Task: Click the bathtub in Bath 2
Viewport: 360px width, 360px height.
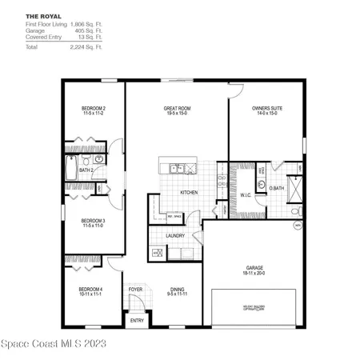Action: (73, 170)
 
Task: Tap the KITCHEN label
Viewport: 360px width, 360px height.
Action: (189, 193)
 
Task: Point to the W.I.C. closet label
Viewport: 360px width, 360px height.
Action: (246, 194)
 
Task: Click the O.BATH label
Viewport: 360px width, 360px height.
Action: (277, 188)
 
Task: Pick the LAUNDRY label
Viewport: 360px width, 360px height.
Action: (176, 236)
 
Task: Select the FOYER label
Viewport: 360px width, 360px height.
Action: (136, 289)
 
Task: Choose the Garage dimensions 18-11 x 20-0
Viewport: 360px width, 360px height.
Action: (254, 273)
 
